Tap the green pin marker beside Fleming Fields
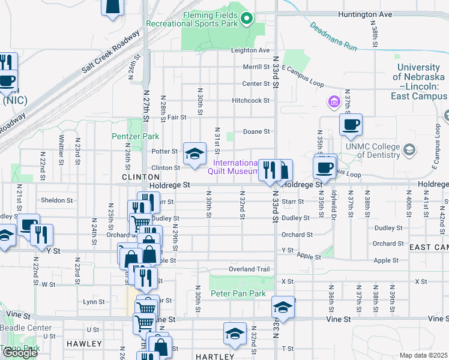tap(246, 20)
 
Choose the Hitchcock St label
tap(252, 101)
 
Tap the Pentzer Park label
tap(136, 136)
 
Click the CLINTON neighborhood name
tap(141, 178)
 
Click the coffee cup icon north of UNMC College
tap(351, 125)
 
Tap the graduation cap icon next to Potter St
tap(194, 155)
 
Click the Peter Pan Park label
tap(238, 294)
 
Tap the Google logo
tap(20, 353)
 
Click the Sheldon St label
tap(56, 200)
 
